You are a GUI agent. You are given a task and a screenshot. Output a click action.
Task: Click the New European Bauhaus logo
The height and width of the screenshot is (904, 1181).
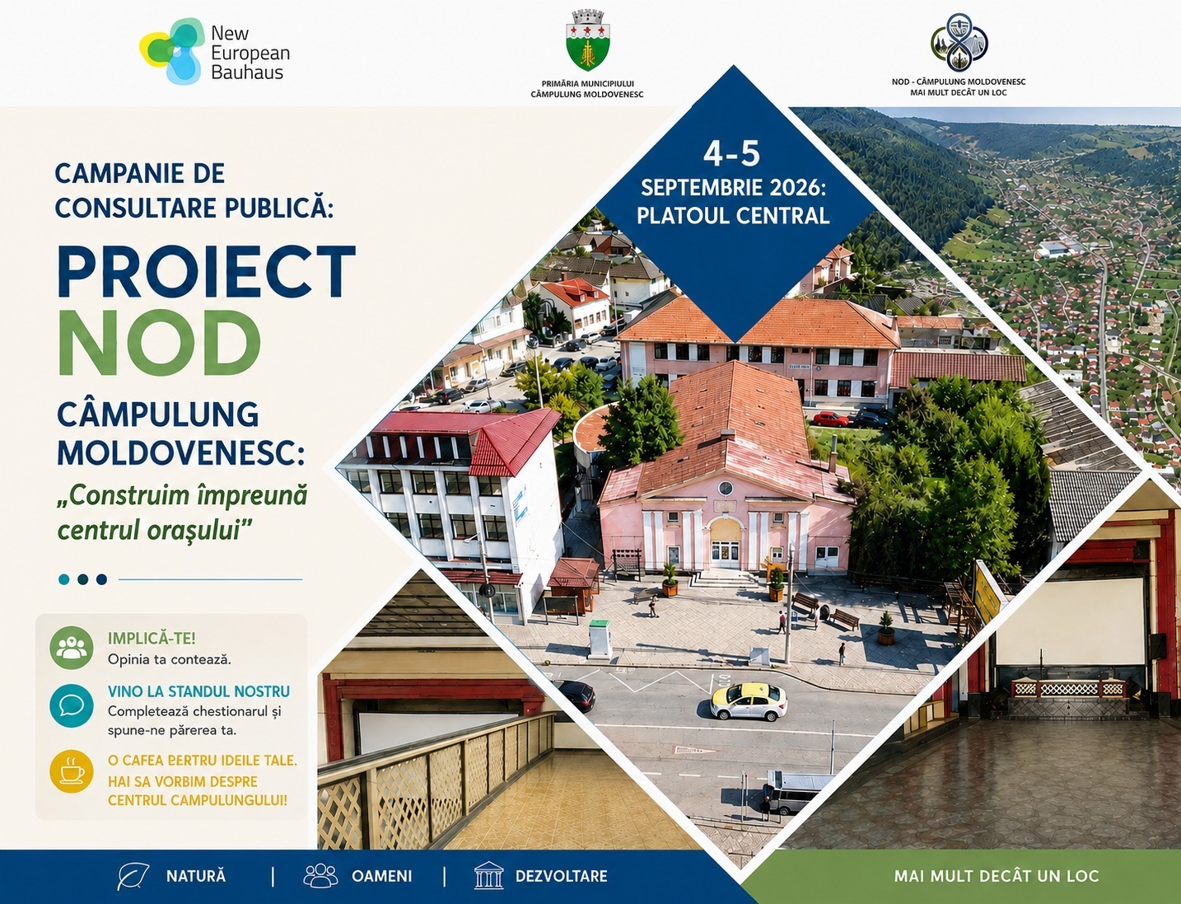[215, 52]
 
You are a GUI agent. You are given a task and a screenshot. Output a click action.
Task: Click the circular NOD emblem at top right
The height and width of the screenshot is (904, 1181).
[959, 43]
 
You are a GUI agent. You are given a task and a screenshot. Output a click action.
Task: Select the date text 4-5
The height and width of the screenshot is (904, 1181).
[731, 153]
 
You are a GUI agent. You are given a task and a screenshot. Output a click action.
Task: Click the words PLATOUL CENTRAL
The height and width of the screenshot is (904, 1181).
[733, 215]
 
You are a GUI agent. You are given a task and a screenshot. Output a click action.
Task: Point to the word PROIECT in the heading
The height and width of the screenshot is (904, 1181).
[207, 271]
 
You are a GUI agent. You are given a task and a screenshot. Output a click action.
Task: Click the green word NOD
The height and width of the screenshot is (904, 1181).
[159, 343]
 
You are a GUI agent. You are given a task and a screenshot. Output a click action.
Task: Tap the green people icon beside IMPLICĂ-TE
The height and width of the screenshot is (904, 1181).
[72, 648]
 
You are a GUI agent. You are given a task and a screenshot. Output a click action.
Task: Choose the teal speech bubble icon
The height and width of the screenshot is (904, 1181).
[72, 705]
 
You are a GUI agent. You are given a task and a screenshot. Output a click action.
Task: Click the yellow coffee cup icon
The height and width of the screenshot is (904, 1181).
[72, 771]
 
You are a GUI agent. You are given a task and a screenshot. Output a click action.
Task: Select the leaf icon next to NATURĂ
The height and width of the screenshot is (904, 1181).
[133, 877]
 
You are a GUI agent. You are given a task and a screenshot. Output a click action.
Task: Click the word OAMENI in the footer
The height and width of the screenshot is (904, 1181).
[381, 876]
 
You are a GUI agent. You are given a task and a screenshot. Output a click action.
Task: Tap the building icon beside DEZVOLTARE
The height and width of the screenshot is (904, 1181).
[488, 875]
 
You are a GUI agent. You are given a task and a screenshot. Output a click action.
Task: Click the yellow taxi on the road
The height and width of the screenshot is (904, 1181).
[749, 701]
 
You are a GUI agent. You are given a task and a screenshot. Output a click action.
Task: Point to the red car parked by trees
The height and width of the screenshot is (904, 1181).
[830, 419]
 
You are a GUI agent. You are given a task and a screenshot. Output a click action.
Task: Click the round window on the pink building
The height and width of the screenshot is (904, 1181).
[726, 489]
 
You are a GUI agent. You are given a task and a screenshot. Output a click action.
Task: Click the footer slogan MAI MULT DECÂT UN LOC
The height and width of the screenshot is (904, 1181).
[996, 876]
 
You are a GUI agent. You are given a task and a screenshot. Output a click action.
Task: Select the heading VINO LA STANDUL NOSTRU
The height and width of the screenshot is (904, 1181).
[198, 691]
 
